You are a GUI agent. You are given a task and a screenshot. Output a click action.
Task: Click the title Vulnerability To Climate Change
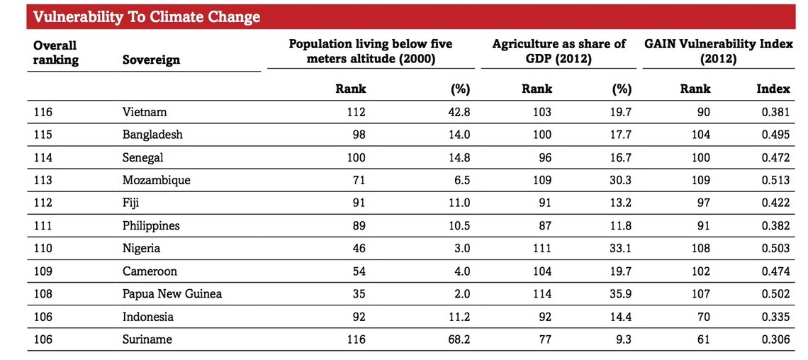point(147,17)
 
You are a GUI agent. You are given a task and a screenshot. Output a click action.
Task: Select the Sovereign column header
point(151,60)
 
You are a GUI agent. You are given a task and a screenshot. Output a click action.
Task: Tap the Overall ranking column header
point(55,53)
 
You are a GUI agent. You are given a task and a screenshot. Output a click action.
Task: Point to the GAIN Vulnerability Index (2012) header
point(718,52)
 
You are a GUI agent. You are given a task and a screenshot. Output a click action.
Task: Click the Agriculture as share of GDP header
point(559,52)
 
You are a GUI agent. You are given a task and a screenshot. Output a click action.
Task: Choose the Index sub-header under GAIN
point(773,89)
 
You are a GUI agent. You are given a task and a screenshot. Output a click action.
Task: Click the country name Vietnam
point(145,112)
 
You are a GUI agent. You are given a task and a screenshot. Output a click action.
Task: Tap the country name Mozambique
point(156,180)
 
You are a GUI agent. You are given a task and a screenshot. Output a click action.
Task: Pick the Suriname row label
point(147,339)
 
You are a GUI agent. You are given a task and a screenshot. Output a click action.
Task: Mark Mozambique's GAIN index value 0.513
point(775,180)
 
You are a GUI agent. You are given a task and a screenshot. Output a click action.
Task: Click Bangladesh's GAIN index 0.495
point(775,135)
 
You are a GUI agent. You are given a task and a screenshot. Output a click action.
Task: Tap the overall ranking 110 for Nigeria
point(43,249)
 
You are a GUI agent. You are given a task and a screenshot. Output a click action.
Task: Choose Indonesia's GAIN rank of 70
point(703,317)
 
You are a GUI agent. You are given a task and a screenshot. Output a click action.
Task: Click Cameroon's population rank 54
point(358,271)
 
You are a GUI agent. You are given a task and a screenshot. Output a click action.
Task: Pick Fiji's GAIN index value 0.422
point(775,203)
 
